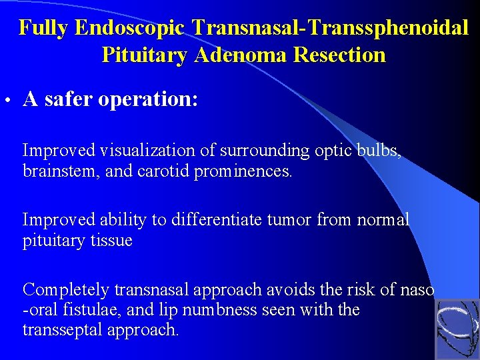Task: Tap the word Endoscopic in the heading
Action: [x=131, y=28]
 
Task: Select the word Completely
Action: [x=66, y=289]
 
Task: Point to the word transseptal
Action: [x=59, y=330]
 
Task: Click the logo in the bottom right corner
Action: [x=457, y=329]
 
